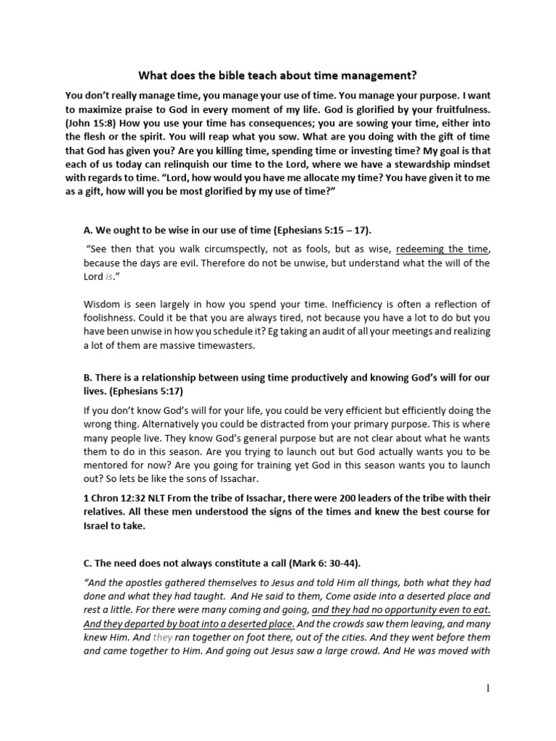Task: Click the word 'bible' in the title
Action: point(216,75)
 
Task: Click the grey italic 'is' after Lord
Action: point(109,276)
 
